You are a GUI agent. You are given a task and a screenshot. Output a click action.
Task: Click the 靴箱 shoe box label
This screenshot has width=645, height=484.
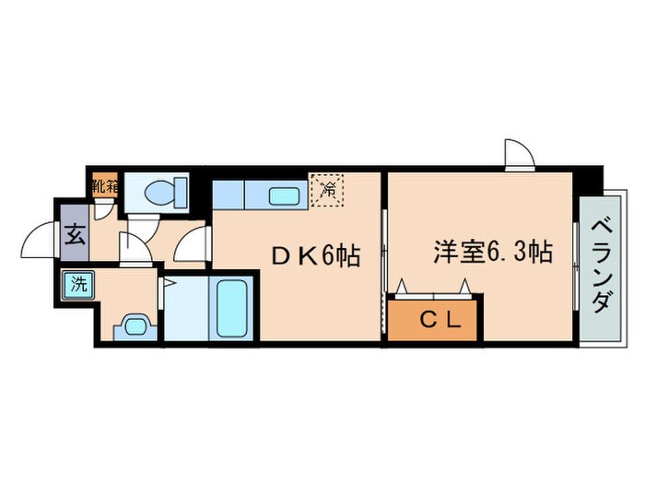point(105,187)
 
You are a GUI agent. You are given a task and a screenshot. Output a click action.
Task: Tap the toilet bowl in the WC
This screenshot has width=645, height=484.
point(159,192)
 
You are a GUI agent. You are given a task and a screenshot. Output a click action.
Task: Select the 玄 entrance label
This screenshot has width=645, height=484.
point(75,233)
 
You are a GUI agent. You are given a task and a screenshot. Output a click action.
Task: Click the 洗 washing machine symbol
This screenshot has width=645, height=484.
point(78,285)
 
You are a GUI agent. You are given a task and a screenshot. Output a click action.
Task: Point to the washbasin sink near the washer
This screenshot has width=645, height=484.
point(135,326)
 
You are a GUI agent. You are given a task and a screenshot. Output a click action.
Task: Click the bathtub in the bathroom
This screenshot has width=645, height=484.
point(230,308)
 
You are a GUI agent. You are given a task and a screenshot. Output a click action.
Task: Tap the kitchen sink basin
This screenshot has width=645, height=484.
point(284,195)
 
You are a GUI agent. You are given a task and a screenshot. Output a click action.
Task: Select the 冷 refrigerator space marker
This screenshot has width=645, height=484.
point(327,190)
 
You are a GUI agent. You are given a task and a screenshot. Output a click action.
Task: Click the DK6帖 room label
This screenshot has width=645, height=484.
point(316,256)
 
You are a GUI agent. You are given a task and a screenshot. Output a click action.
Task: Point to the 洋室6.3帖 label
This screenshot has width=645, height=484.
point(493,251)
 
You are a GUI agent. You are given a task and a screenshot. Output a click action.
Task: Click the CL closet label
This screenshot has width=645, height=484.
point(441,319)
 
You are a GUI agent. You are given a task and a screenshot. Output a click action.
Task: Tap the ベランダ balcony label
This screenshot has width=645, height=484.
point(603,266)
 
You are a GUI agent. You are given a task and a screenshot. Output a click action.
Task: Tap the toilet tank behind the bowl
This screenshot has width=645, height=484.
point(181,192)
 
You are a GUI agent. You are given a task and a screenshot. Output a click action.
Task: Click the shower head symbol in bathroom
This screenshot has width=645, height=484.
point(169,282)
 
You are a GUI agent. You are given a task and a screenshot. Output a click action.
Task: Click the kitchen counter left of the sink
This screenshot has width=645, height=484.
point(229,195)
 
